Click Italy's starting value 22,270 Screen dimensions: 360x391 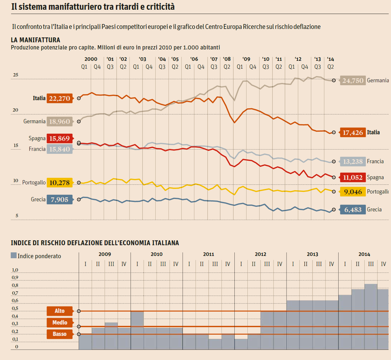(60, 98)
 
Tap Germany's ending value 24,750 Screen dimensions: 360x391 (353, 80)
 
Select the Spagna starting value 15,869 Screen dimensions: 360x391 (59, 138)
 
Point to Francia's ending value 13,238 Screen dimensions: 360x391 (353, 162)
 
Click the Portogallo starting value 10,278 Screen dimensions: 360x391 (59, 182)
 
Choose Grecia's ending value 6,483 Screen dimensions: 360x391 (353, 210)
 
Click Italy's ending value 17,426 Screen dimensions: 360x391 (353, 132)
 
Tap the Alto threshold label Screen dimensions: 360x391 (60, 311)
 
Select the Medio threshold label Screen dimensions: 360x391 (60, 322)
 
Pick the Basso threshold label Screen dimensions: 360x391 (60, 334)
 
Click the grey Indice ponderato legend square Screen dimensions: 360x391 (14, 256)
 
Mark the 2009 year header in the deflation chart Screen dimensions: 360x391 (105, 254)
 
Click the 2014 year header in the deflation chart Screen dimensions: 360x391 (364, 254)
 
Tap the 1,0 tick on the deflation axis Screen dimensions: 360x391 (15, 270)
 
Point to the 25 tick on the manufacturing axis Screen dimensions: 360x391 (15, 75)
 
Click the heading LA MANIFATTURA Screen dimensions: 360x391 (35, 40)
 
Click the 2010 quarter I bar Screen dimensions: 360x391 (137, 330)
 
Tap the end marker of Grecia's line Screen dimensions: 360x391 (334, 210)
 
